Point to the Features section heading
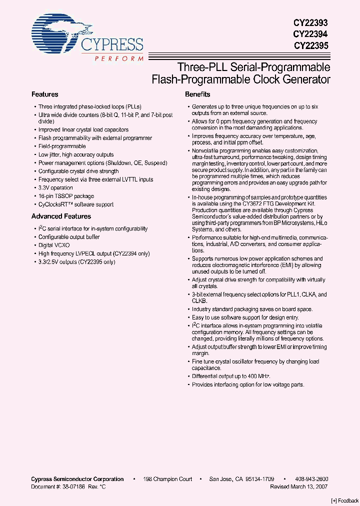click(x=45, y=94)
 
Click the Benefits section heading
click(x=197, y=94)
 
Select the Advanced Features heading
click(x=61, y=216)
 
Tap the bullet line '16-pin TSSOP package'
click(x=66, y=196)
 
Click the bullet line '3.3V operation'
click(x=55, y=188)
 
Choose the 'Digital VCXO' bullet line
click(x=54, y=245)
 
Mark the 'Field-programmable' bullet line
click(x=62, y=146)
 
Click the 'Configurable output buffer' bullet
click(x=69, y=237)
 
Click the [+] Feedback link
click(x=345, y=500)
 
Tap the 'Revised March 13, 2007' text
click(x=299, y=486)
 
